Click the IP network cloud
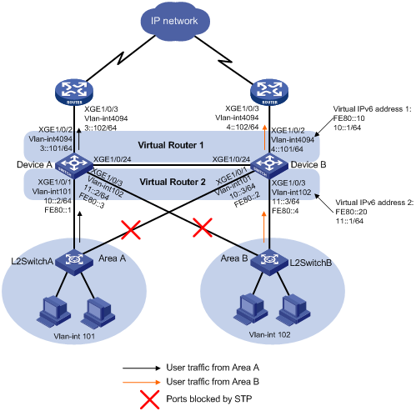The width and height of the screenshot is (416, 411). pyautogui.click(x=175, y=22)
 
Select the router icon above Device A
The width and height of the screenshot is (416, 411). pyautogui.click(x=74, y=92)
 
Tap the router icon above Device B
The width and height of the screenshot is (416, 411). pyautogui.click(x=269, y=92)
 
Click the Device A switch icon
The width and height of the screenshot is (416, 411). pyautogui.click(x=74, y=165)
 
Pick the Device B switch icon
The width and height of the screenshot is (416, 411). pyautogui.click(x=269, y=165)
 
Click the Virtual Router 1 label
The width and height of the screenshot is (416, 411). pyautogui.click(x=171, y=145)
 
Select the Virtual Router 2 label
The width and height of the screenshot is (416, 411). pyautogui.click(x=173, y=182)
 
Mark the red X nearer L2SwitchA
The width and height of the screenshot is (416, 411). pyautogui.click(x=131, y=229)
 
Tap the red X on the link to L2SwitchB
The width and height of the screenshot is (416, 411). pyautogui.click(x=203, y=228)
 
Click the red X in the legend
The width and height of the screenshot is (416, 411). pyautogui.click(x=149, y=399)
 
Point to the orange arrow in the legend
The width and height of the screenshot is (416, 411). pyautogui.click(x=142, y=383)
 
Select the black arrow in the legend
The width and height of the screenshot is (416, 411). pyautogui.click(x=142, y=368)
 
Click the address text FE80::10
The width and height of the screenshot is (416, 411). pyautogui.click(x=348, y=118)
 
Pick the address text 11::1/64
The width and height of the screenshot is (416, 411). pyautogui.click(x=349, y=221)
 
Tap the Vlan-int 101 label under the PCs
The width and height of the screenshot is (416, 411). pyautogui.click(x=74, y=336)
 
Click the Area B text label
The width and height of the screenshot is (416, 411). pyautogui.click(x=234, y=258)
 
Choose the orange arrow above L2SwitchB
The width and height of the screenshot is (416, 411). pyautogui.click(x=264, y=227)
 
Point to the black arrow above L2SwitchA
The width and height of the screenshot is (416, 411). pyautogui.click(x=80, y=227)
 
